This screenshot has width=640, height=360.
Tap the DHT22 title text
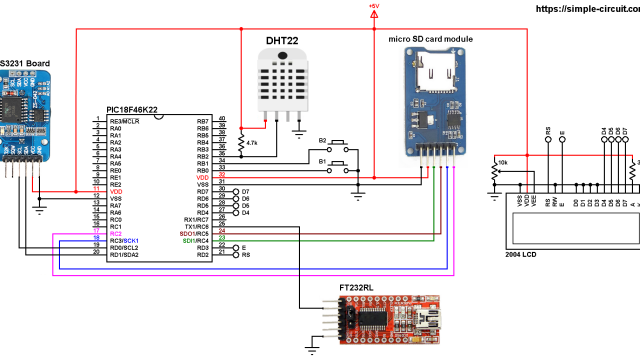click(282, 40)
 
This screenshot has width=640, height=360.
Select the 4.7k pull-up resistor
click(241, 143)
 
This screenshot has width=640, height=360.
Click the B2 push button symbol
click(336, 142)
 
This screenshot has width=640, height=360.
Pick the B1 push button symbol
click(336, 162)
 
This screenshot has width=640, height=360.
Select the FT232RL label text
click(357, 287)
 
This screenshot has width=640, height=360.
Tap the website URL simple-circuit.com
click(586, 8)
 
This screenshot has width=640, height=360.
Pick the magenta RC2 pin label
click(115, 234)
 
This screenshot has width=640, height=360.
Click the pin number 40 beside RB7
click(221, 120)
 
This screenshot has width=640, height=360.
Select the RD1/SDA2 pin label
click(123, 255)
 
